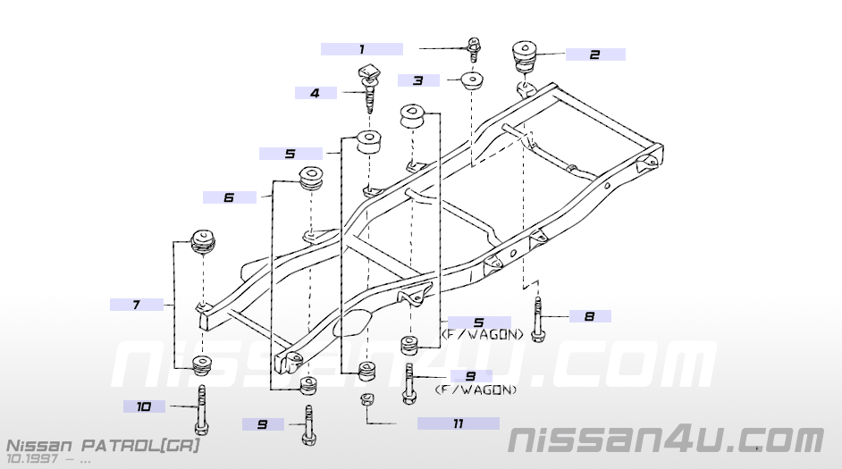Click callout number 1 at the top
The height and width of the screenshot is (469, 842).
click(x=362, y=49)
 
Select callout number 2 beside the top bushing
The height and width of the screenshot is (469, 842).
click(x=594, y=54)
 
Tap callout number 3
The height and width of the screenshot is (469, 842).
click(x=417, y=80)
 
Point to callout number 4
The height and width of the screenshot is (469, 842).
click(x=315, y=93)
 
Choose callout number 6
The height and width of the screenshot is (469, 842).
click(x=228, y=197)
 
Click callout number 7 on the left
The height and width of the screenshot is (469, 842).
click(x=136, y=305)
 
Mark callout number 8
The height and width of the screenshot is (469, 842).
click(x=588, y=316)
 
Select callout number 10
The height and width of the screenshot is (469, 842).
click(x=144, y=407)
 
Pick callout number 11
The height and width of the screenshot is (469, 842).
click(x=458, y=423)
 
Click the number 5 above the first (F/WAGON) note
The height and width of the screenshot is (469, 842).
click(x=478, y=322)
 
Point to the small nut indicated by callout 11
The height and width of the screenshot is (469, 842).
click(x=366, y=399)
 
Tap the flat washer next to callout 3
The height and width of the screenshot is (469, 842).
click(x=471, y=80)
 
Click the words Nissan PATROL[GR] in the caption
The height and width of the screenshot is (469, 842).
click(x=104, y=444)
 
